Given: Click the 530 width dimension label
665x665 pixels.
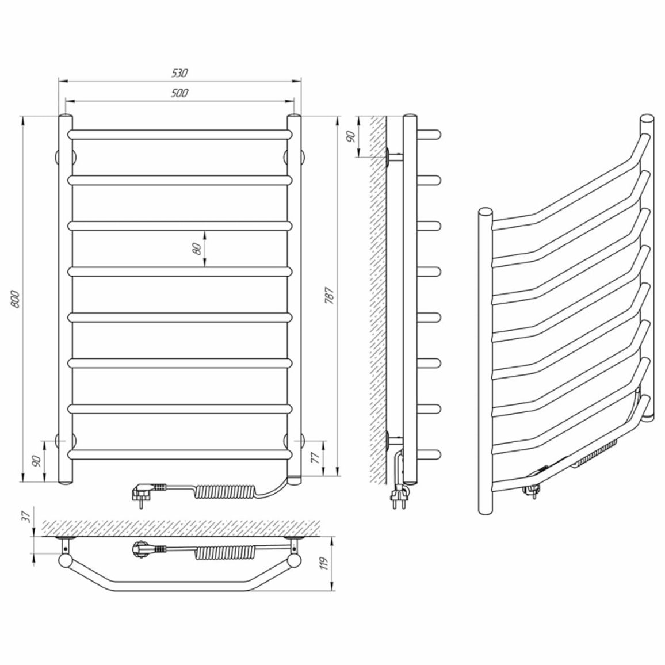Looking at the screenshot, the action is [179, 73].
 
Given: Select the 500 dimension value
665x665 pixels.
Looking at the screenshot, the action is [179, 93].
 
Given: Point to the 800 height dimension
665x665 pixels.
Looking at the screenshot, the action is [15, 299].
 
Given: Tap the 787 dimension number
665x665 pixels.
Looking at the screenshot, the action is [330, 296].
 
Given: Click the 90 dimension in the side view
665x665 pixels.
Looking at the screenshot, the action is [351, 136].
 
